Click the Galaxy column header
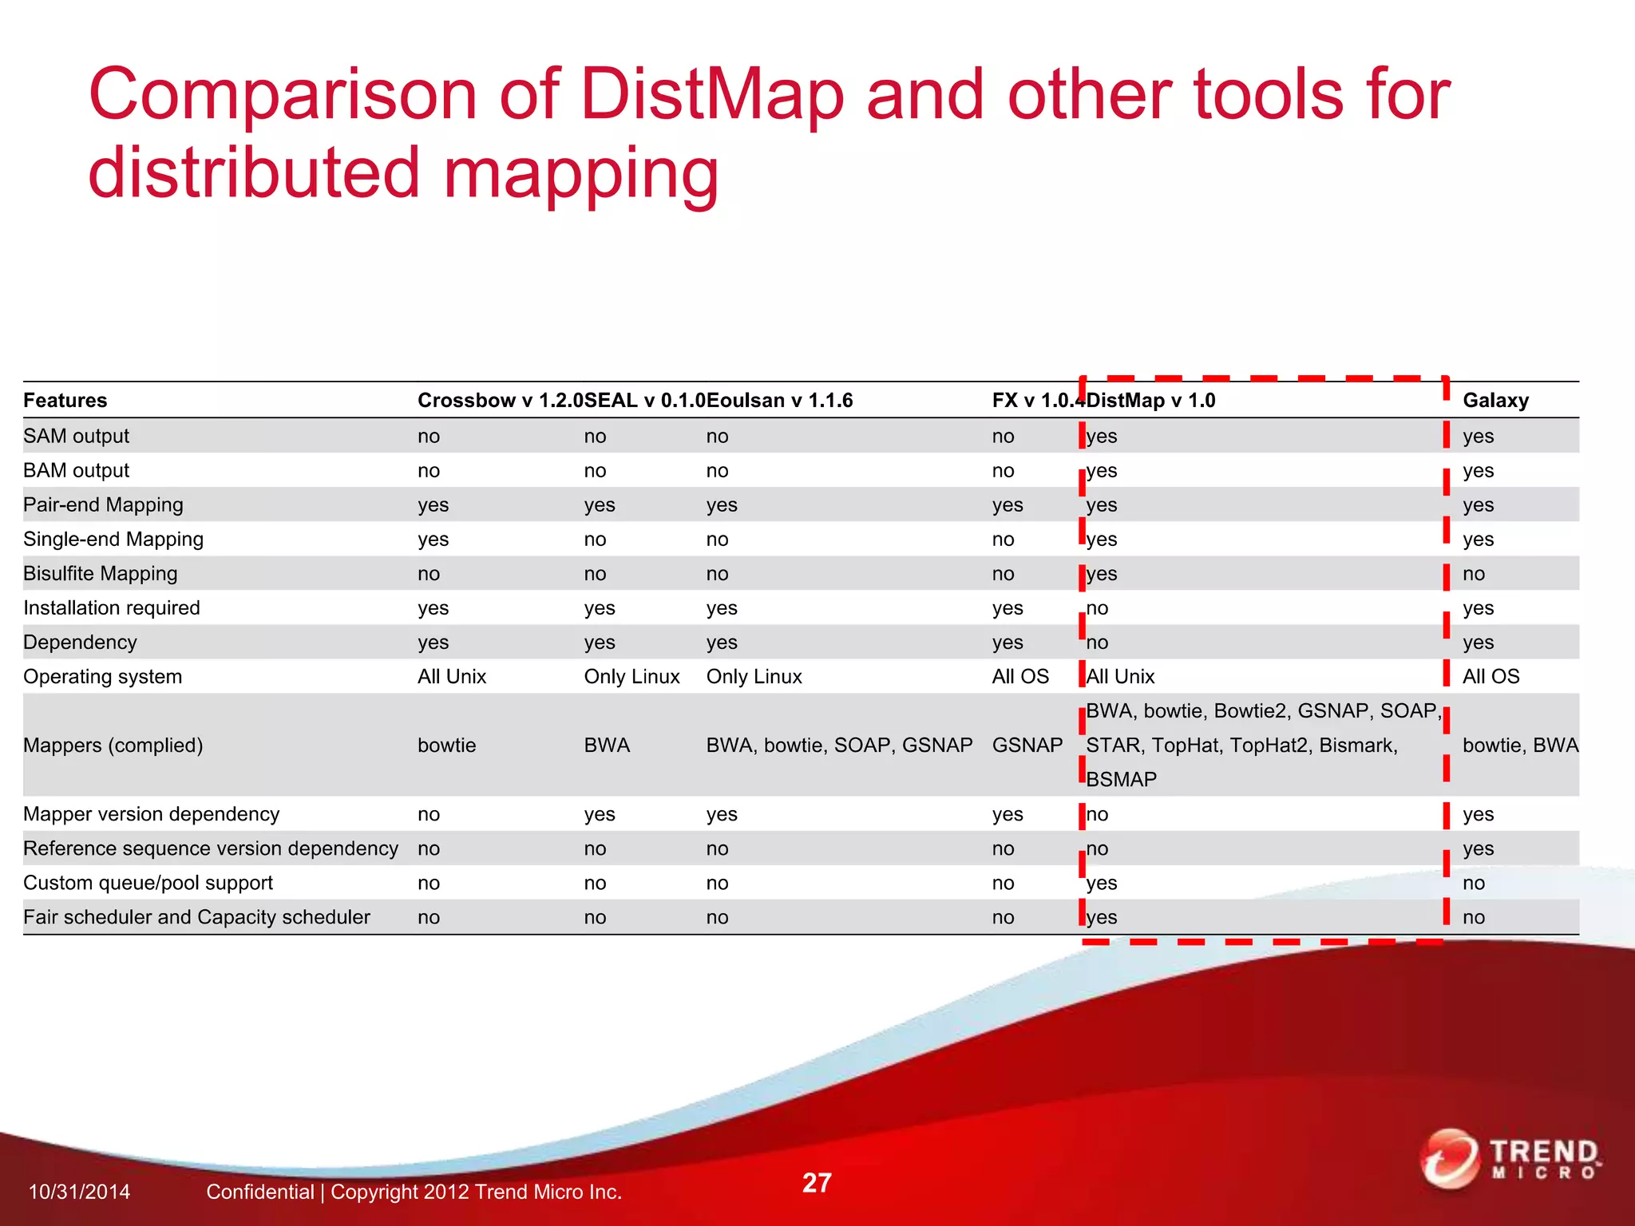1495,400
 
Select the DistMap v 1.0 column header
1150,400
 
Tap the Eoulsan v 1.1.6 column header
779,400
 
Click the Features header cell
65,400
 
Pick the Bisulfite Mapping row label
100,573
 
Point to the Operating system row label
102,676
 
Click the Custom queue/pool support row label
148,882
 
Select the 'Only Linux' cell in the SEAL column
631,676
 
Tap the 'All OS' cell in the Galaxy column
1491,676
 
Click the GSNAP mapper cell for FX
1027,745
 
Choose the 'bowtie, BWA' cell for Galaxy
1520,745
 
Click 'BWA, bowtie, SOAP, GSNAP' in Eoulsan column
839,745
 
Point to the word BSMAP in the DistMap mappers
1121,779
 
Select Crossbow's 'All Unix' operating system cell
452,676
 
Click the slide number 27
817,1182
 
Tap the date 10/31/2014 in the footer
79,1192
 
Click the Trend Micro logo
1509,1159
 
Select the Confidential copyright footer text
414,1192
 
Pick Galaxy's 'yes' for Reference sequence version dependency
1478,848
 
